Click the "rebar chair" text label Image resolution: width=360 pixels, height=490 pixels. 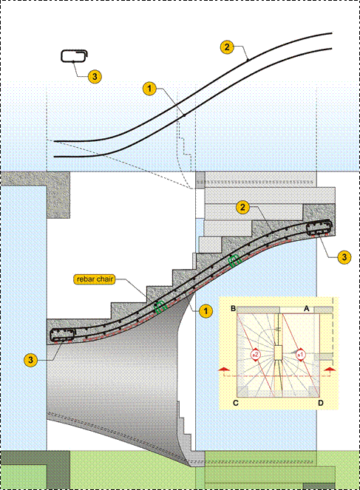(95, 279)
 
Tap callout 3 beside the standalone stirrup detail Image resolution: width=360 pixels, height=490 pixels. (95, 76)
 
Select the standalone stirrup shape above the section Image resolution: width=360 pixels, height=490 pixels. (74, 56)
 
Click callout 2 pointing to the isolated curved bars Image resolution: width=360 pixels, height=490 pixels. (227, 47)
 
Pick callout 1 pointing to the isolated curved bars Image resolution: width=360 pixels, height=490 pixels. (149, 89)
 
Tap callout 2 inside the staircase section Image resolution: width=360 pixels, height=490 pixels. (242, 207)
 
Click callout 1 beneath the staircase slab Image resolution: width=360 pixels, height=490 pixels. (206, 311)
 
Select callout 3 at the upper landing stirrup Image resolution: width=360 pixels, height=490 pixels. (344, 257)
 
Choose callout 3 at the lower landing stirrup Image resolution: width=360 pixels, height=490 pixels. (30, 360)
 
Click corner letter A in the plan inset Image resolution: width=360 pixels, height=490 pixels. (307, 309)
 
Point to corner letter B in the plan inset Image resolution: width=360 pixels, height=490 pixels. (233, 309)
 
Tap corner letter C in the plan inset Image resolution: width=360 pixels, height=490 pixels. (236, 403)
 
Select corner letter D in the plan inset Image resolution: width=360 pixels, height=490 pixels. (321, 403)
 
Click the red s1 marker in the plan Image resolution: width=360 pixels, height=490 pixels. (300, 355)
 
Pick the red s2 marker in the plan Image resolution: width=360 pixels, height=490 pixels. (256, 355)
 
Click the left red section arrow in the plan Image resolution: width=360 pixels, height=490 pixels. (223, 370)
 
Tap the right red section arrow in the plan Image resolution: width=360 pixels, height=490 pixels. (330, 370)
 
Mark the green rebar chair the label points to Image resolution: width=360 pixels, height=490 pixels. (160, 307)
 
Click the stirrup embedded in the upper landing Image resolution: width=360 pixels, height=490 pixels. (319, 228)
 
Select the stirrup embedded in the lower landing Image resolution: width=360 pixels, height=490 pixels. (62, 335)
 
